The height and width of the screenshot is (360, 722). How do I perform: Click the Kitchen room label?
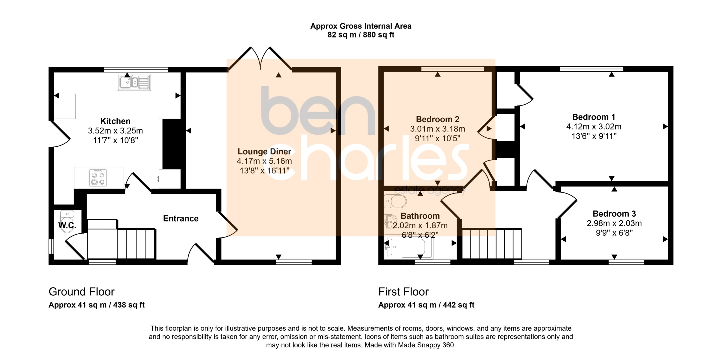click(x=115, y=121)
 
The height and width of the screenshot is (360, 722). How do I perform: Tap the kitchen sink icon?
click(x=134, y=82)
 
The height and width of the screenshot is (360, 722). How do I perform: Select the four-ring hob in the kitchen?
click(x=98, y=178)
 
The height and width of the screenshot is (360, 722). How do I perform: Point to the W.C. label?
click(x=67, y=225)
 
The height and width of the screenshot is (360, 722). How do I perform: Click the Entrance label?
click(x=181, y=218)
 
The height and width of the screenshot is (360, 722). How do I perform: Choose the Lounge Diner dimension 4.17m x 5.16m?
click(x=264, y=161)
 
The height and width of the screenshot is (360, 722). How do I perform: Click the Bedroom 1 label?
click(x=594, y=117)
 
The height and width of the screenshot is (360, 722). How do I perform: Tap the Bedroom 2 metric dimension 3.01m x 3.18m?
click(x=438, y=129)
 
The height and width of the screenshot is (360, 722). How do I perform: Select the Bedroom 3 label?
click(x=614, y=214)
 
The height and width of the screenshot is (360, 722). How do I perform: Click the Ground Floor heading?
click(x=82, y=292)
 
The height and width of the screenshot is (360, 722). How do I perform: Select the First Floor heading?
click(x=403, y=292)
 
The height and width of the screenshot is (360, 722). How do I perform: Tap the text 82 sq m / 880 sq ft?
click(x=361, y=35)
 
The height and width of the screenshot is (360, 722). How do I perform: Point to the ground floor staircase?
click(x=122, y=239)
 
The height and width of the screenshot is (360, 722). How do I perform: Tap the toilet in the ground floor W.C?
click(x=67, y=221)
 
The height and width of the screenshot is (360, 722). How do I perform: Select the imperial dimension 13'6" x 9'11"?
click(x=594, y=136)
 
